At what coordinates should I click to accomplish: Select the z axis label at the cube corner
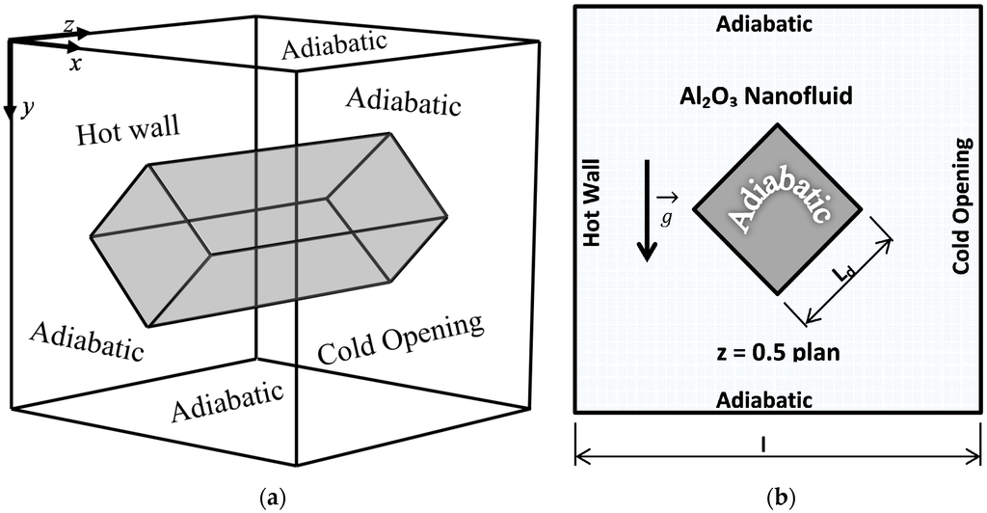point(69,27)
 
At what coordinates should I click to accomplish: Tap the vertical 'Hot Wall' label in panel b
point(593,202)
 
